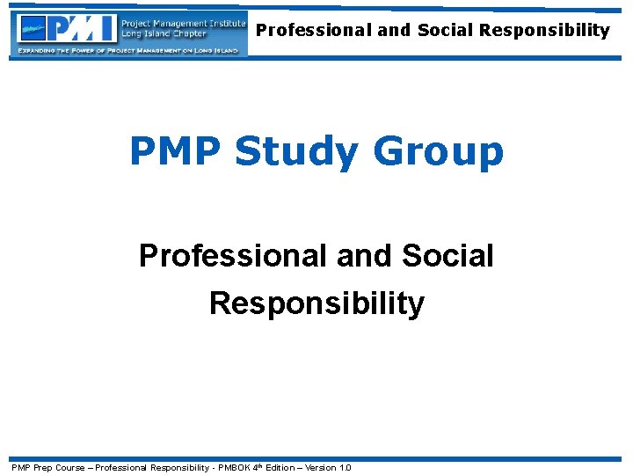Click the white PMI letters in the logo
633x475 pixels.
[84, 28]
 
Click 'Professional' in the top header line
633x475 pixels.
[314, 31]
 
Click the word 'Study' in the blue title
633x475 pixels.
[296, 151]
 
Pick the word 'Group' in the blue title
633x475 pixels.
[438, 151]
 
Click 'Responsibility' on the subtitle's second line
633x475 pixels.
[316, 303]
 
